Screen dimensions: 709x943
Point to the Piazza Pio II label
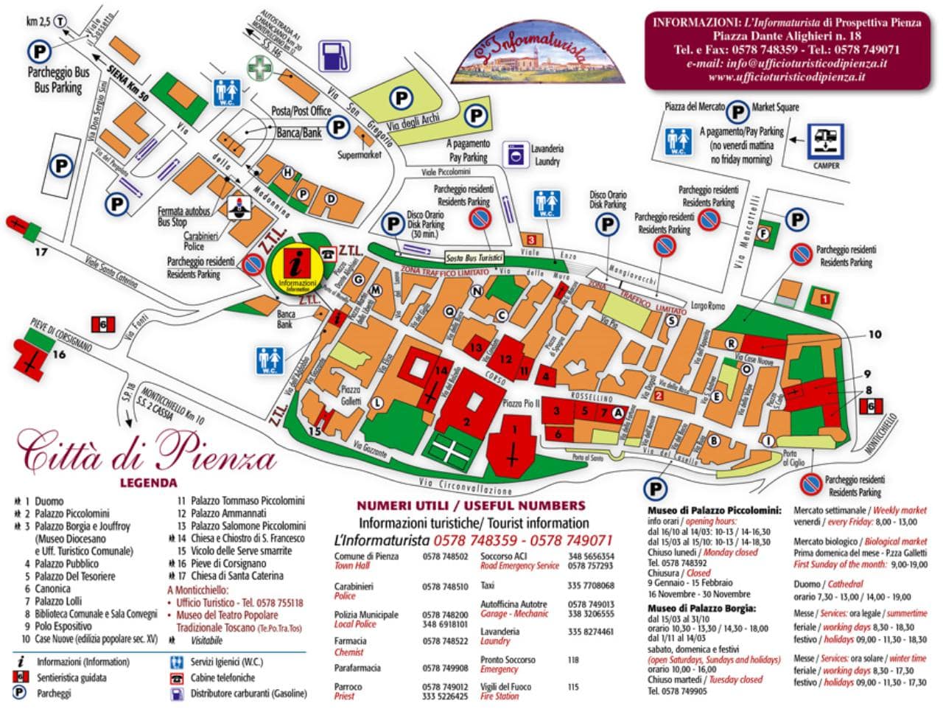click(x=522, y=403)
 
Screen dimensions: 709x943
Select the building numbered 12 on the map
click(x=505, y=358)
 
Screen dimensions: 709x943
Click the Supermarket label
click(x=360, y=156)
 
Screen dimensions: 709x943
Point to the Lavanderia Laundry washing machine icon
click(x=516, y=155)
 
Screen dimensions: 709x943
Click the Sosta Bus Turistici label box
click(x=474, y=258)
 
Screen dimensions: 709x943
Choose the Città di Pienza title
click(x=147, y=453)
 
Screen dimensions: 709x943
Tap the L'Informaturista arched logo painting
click(x=539, y=53)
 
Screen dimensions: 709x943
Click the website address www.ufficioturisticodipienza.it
click(x=786, y=77)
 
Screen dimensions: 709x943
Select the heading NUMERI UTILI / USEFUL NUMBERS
click(x=471, y=506)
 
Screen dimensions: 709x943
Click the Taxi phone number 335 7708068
click(x=591, y=585)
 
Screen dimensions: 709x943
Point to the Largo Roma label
click(x=708, y=306)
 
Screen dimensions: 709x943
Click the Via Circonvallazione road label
click(x=465, y=486)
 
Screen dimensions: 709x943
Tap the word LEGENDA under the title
click(x=148, y=483)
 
